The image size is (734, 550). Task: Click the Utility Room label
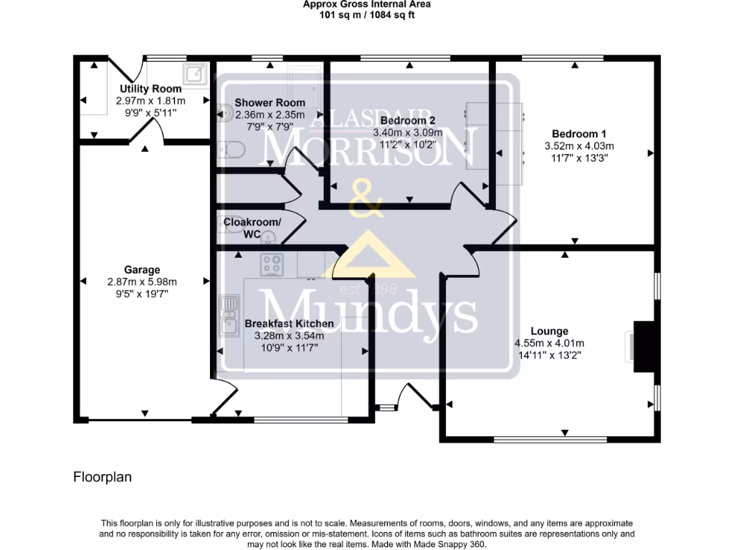151,88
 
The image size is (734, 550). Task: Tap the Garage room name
142,270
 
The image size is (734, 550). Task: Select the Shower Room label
270,102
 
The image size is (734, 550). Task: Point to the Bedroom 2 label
408,120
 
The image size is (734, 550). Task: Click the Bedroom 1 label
579,134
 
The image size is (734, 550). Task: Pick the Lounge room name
549,331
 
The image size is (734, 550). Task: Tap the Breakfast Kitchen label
289,324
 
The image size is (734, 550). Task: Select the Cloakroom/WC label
252,228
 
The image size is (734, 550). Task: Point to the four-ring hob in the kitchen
272,265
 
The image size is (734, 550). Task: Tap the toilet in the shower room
232,150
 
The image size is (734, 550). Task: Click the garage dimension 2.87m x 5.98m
142,282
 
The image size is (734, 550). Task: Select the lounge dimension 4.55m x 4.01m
549,343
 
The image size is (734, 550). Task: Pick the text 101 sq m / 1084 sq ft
366,15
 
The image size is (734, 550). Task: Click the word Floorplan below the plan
103,477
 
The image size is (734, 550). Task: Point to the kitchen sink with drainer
229,316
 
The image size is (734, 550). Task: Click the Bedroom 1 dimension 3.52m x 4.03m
579,146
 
